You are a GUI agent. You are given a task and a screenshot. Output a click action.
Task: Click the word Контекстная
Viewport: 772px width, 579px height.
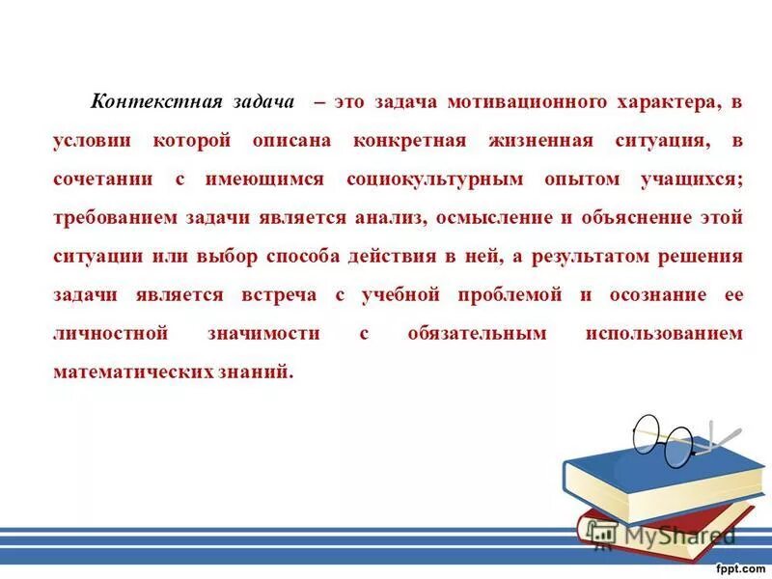click(156, 101)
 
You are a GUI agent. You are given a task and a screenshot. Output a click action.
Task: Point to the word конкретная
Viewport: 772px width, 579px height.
click(409, 140)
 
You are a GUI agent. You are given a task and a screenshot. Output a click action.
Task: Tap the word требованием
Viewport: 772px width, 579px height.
click(115, 217)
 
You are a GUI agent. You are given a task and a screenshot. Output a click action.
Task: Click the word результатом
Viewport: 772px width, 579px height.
click(586, 256)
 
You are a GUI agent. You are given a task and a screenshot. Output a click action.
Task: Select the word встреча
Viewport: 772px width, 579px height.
click(286, 294)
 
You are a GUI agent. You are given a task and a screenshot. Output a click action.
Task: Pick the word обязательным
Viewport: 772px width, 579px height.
click(477, 333)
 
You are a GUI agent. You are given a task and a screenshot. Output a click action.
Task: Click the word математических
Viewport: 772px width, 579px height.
click(125, 372)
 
